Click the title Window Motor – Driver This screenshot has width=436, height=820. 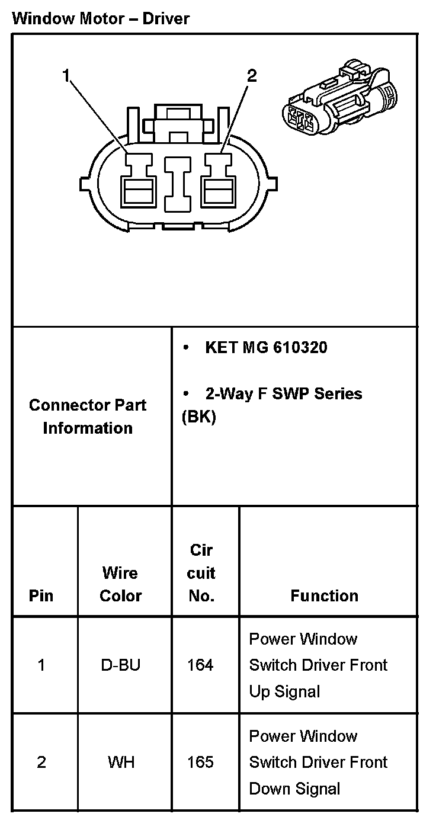pos(101,18)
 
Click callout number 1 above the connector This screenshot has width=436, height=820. pos(66,75)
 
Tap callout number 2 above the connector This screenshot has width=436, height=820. pos(252,75)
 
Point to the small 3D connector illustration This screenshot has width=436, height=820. pos(339,98)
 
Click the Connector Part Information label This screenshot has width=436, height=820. pos(88,417)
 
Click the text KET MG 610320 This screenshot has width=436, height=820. pos(265,347)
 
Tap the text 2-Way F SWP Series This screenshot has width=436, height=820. pos(283,393)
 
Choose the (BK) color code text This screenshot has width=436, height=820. pos(198,417)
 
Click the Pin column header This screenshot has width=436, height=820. pos(41,595)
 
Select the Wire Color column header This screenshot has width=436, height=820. pos(120,584)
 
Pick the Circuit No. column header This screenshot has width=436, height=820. pos(201,573)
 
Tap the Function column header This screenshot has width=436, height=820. pos(324,595)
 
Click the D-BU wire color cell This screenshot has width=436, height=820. pos(120,665)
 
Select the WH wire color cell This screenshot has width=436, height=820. pos(121,762)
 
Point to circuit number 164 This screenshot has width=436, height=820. pos(200,665)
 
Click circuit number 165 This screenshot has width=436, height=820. pos(200,762)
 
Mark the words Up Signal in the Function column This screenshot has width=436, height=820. pos(284,691)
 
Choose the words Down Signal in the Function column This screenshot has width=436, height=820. pos(294,789)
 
